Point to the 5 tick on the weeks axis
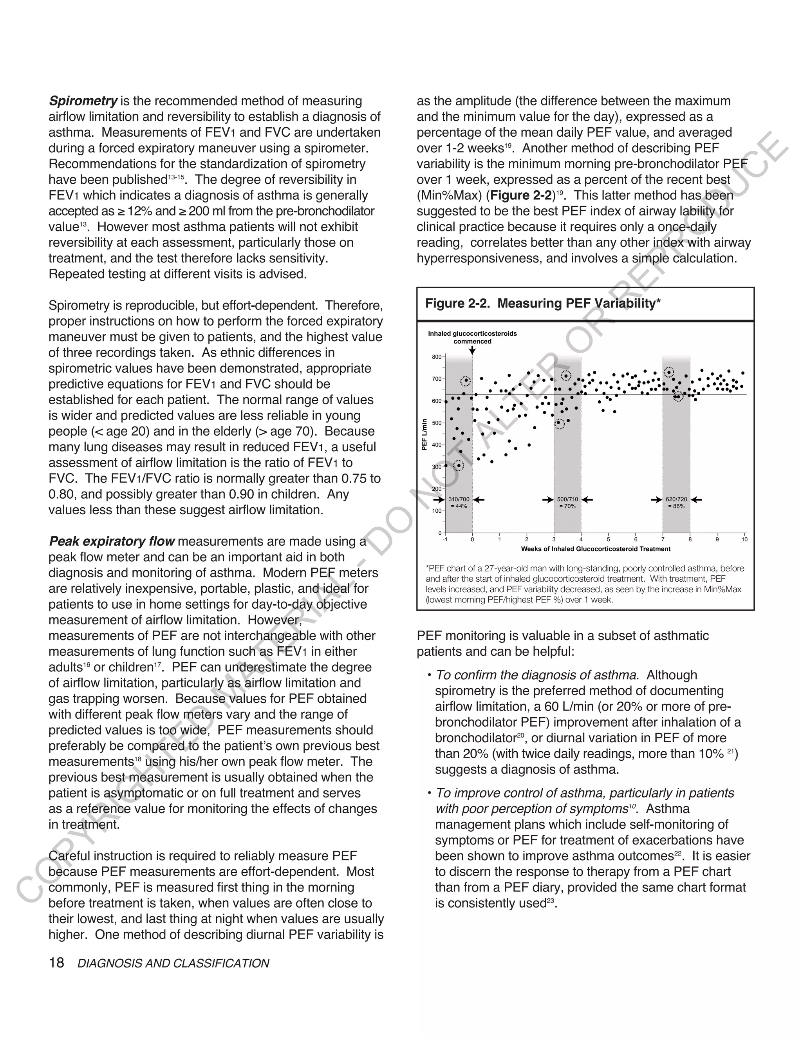coord(608,539)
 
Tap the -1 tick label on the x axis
coord(445,539)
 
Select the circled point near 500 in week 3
coord(560,423)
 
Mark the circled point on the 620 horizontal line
coord(679,396)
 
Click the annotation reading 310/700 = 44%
coord(459,503)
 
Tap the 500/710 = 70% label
coord(567,503)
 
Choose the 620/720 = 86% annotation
coord(676,503)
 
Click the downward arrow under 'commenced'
coord(472,350)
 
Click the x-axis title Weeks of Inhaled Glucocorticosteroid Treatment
coord(596,549)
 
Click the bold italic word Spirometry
coord(83,101)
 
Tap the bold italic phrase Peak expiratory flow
coord(112,541)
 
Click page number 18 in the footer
coord(56,963)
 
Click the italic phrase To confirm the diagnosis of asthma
coord(537,675)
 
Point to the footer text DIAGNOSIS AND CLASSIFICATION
coord(173,964)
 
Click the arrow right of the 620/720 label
coord(697,499)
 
